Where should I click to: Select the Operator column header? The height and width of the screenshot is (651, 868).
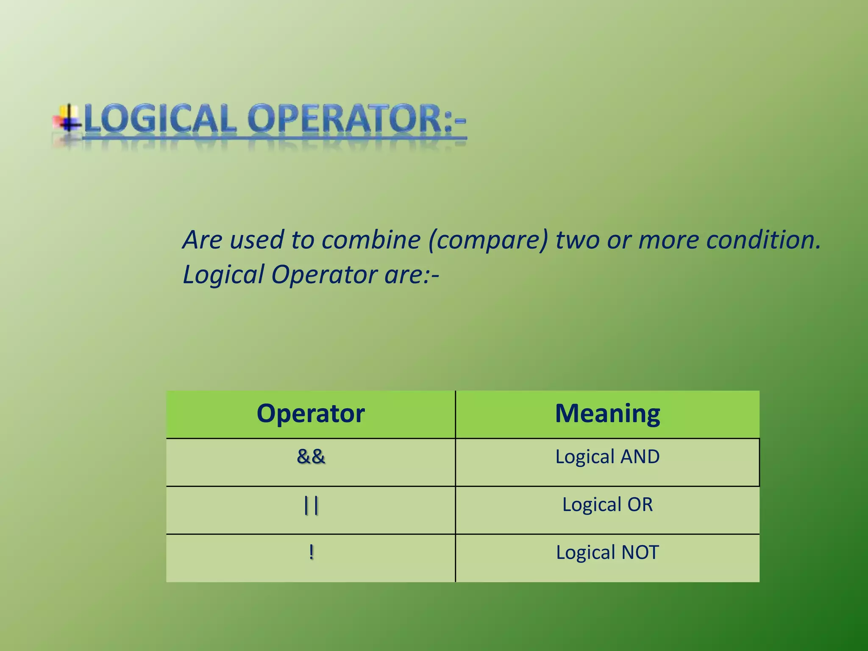[311, 414]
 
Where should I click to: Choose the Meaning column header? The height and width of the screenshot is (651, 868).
[607, 414]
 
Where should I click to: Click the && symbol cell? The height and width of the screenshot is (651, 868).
[311, 457]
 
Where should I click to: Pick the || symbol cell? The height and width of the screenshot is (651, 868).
[311, 505]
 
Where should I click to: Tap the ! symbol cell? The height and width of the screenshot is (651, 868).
[311, 552]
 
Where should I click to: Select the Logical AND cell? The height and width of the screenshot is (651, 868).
[607, 457]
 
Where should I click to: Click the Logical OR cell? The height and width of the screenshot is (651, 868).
[607, 505]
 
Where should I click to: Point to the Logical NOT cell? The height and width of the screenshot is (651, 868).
[607, 553]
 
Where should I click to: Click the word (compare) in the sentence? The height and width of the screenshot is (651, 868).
[488, 240]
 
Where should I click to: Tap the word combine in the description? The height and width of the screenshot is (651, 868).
[370, 240]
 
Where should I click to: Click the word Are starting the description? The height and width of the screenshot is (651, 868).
[202, 240]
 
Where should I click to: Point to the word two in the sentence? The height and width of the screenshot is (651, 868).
[578, 240]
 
